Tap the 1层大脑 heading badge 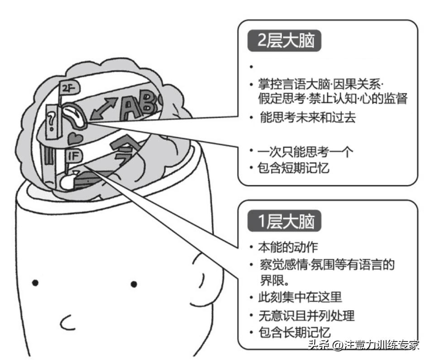pyautogui.click(x=284, y=222)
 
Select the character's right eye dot pyautogui.click(x=133, y=284)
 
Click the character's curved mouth pyautogui.click(x=67, y=322)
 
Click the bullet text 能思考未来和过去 pyautogui.click(x=308, y=118)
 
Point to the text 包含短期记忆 pyautogui.click(x=294, y=168)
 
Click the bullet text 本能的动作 pyautogui.click(x=288, y=247)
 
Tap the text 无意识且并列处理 pyautogui.click(x=306, y=315)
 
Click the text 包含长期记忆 pyautogui.click(x=294, y=331)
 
